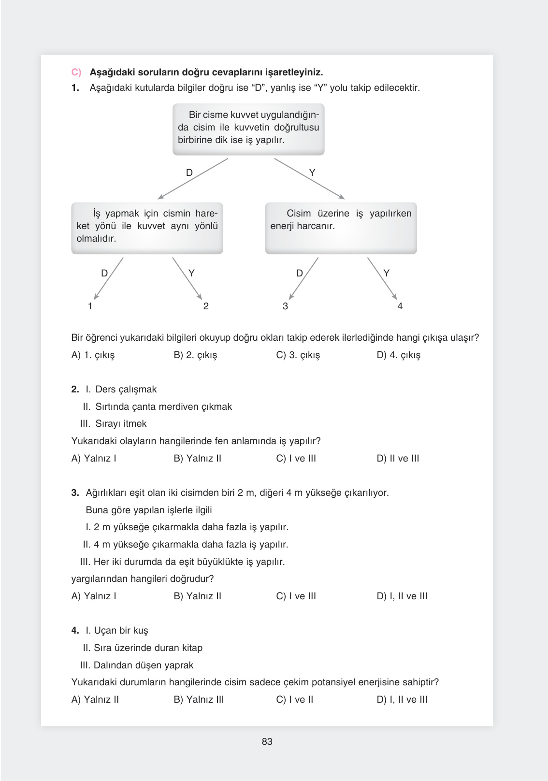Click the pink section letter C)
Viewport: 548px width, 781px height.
point(77,72)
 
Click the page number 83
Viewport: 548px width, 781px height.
point(267,741)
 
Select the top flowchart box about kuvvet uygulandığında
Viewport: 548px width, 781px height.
point(248,129)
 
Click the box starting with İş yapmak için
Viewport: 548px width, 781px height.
point(147,228)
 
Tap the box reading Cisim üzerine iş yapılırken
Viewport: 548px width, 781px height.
point(341,228)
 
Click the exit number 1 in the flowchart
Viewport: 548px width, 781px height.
point(90,306)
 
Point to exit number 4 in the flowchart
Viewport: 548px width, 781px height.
point(400,306)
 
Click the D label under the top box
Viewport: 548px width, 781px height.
point(189,173)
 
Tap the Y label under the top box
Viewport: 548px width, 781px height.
point(312,173)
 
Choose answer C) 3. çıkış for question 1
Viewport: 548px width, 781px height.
point(298,355)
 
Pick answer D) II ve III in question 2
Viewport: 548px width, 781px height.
point(398,459)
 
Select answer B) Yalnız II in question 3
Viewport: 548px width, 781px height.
point(197,596)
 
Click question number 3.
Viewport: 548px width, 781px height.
point(75,493)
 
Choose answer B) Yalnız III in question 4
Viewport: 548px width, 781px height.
point(199,700)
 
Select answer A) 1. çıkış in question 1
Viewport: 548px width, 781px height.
point(93,355)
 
